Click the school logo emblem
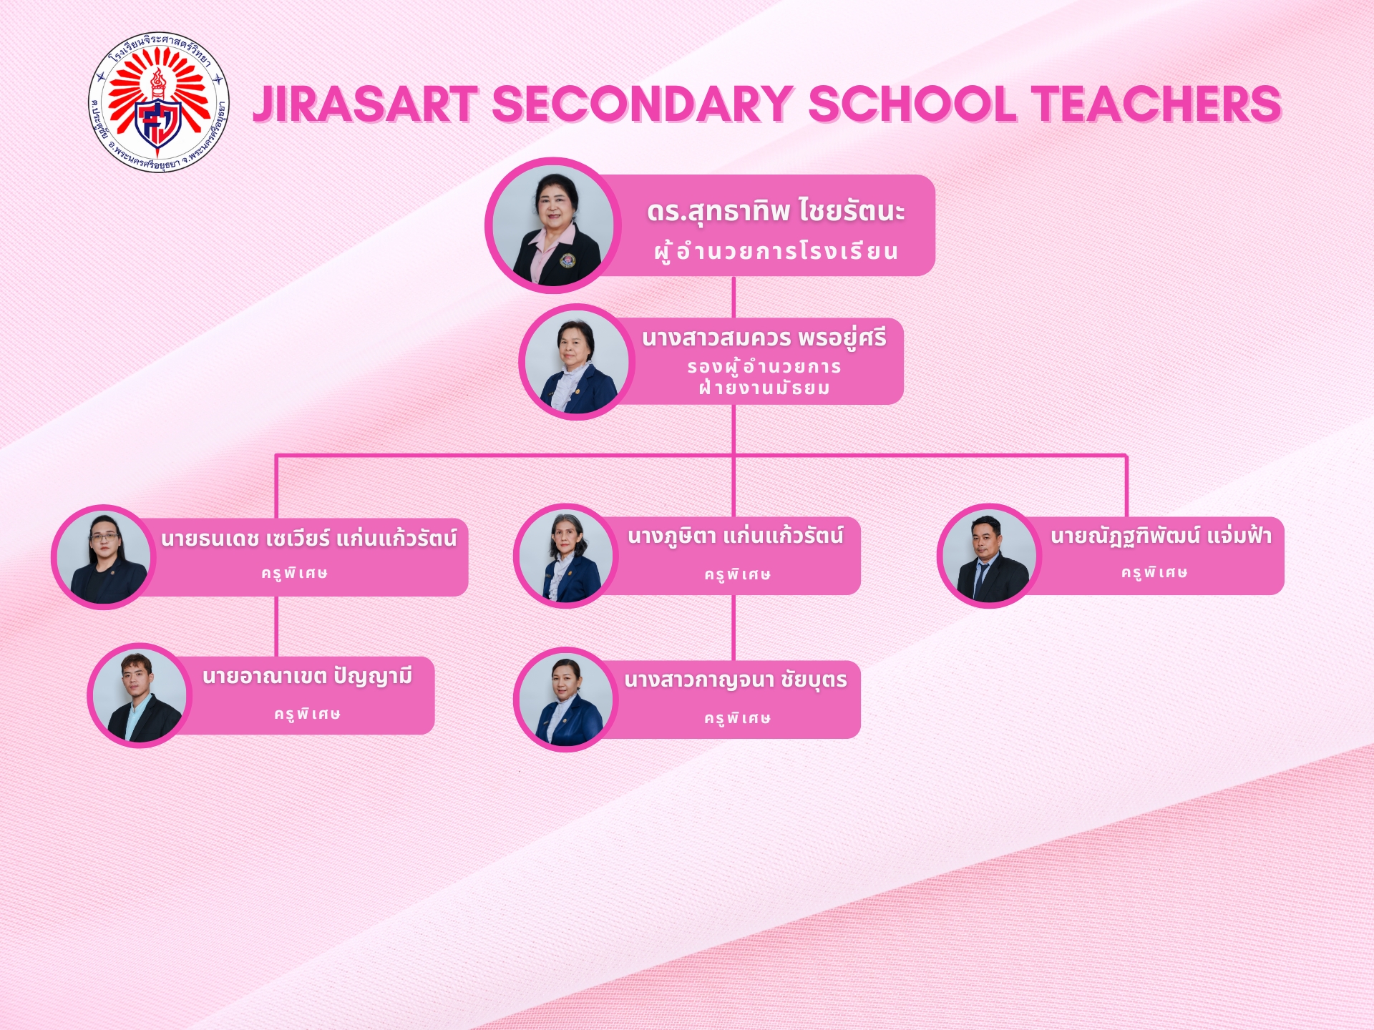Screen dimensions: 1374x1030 click(158, 103)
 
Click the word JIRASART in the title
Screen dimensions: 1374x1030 click(366, 104)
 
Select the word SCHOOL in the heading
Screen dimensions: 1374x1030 click(912, 104)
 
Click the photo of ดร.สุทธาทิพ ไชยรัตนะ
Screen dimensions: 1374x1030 click(553, 225)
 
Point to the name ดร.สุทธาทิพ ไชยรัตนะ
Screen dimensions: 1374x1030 click(776, 212)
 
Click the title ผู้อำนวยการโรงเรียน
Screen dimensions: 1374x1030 click(776, 252)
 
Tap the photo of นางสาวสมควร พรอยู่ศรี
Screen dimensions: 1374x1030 click(577, 362)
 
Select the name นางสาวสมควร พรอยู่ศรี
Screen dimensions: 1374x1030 click(764, 338)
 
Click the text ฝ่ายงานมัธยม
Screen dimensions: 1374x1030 click(764, 388)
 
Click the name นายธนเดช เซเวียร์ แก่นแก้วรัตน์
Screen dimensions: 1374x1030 click(309, 538)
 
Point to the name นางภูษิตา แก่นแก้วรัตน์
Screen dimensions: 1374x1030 click(736, 536)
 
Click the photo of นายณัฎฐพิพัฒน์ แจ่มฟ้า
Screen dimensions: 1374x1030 click(989, 556)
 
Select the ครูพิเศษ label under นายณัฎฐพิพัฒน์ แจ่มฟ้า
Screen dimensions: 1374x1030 click(1154, 572)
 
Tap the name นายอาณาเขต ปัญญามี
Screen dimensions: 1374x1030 click(308, 677)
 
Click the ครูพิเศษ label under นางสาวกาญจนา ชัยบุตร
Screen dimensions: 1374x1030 click(737, 718)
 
